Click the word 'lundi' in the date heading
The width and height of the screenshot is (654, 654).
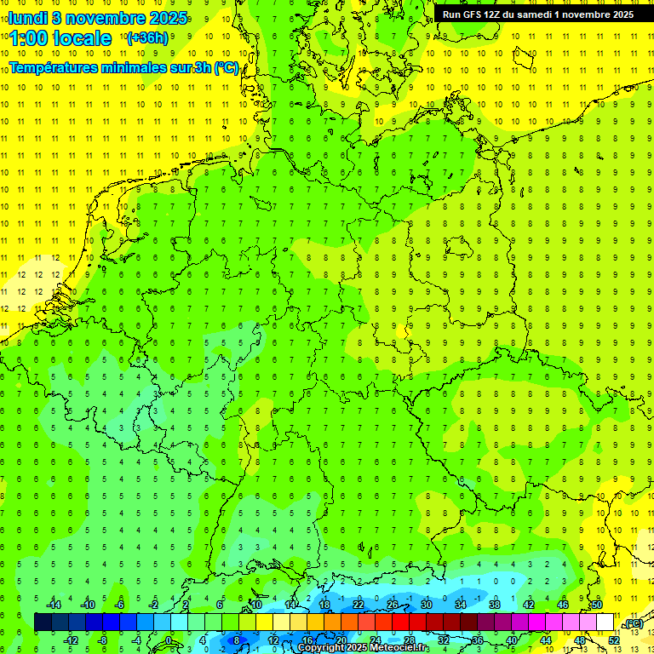pos(28,18)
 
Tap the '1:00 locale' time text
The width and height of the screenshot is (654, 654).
pos(61,39)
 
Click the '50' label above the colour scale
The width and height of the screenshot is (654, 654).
pos(597,605)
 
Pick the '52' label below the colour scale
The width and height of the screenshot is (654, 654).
pos(614,640)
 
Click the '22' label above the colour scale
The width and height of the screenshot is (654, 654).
pos(359,605)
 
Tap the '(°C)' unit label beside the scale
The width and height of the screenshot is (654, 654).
pos(634,623)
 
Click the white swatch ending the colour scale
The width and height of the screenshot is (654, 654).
pos(605,622)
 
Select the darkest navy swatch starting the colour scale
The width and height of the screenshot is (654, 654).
pos(43,622)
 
